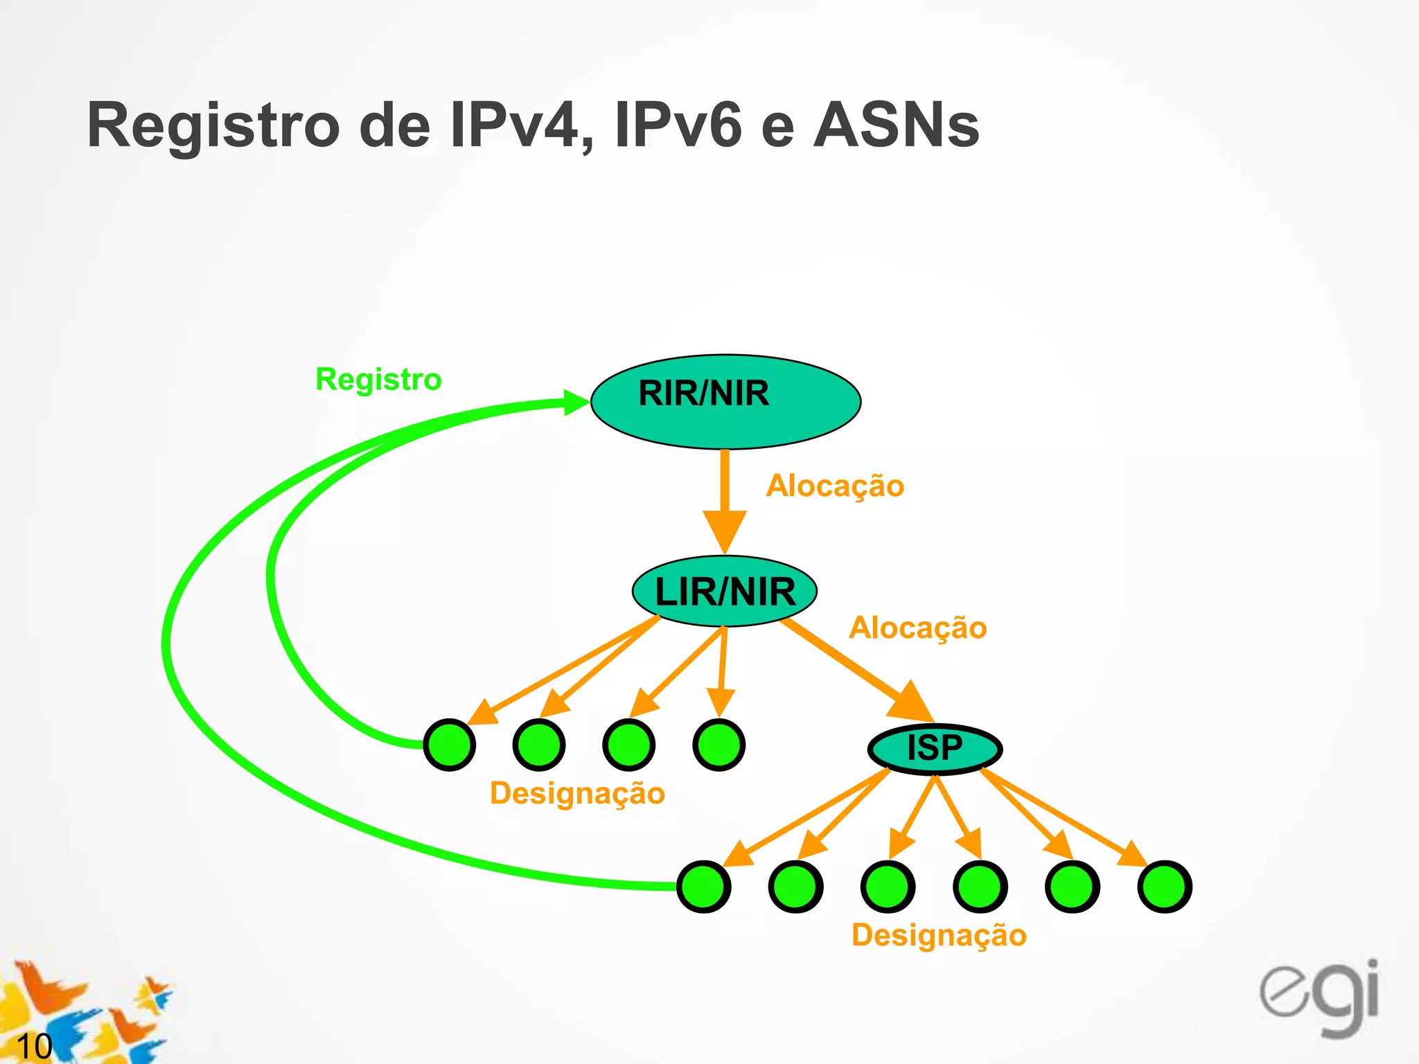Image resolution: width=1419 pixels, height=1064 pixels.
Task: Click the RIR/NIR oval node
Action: tap(725, 401)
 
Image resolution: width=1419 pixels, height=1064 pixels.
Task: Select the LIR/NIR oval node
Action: tap(725, 592)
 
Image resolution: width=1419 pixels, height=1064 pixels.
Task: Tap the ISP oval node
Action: tap(935, 749)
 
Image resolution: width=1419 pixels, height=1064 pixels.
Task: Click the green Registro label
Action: tap(378, 380)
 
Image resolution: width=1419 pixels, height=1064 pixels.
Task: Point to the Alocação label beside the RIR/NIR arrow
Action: tap(835, 486)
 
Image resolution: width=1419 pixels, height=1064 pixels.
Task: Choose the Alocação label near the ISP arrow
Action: tap(918, 628)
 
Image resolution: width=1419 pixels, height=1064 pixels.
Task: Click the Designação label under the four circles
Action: tap(577, 793)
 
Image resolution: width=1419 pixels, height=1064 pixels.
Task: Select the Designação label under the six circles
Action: tap(939, 935)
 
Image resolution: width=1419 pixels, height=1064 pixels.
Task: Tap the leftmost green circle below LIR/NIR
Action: tap(450, 745)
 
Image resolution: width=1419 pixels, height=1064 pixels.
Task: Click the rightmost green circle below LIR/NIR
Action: tap(719, 745)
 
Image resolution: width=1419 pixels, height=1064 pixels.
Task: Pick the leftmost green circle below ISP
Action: tap(703, 887)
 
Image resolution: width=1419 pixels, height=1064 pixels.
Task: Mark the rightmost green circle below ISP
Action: tap(1165, 887)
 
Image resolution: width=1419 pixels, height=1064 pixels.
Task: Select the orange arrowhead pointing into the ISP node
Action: tap(913, 703)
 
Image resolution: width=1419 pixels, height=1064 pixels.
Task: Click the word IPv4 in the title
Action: tap(522, 125)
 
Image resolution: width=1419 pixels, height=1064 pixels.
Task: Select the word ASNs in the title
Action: tap(897, 125)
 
